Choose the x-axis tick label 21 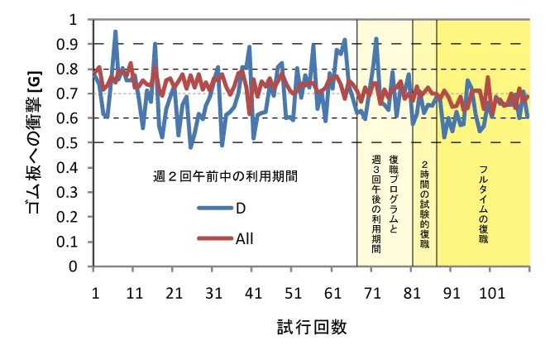coord(175,293)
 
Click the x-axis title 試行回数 coord(311,327)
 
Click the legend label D coord(240,208)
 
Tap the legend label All coord(244,239)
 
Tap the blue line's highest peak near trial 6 coord(116,32)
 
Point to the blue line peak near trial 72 coord(376,38)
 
